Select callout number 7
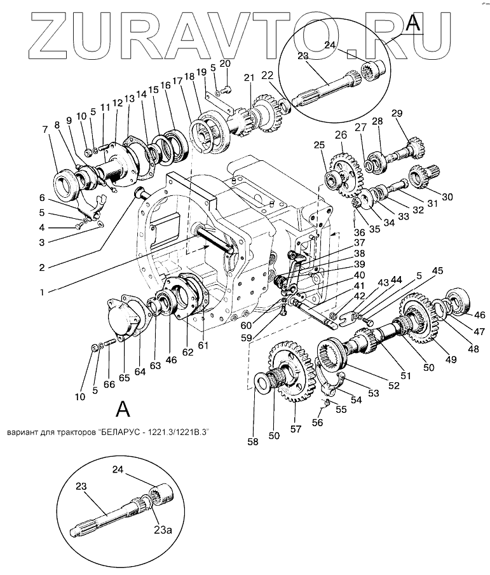[45, 130]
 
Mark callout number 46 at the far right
[479, 314]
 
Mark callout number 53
[373, 394]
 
